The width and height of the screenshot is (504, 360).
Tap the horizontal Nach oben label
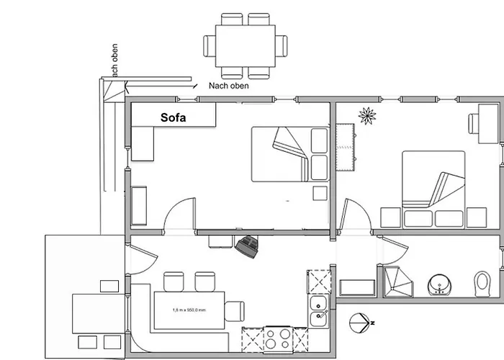[229, 86]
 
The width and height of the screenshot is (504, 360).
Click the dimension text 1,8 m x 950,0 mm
[189, 310]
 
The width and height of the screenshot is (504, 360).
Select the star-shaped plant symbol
[369, 115]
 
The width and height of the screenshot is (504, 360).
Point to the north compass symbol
[359, 323]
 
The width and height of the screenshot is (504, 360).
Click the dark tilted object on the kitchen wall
[249, 246]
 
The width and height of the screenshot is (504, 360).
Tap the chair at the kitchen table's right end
[235, 310]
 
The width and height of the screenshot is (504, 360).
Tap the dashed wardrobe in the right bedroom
[347, 147]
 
